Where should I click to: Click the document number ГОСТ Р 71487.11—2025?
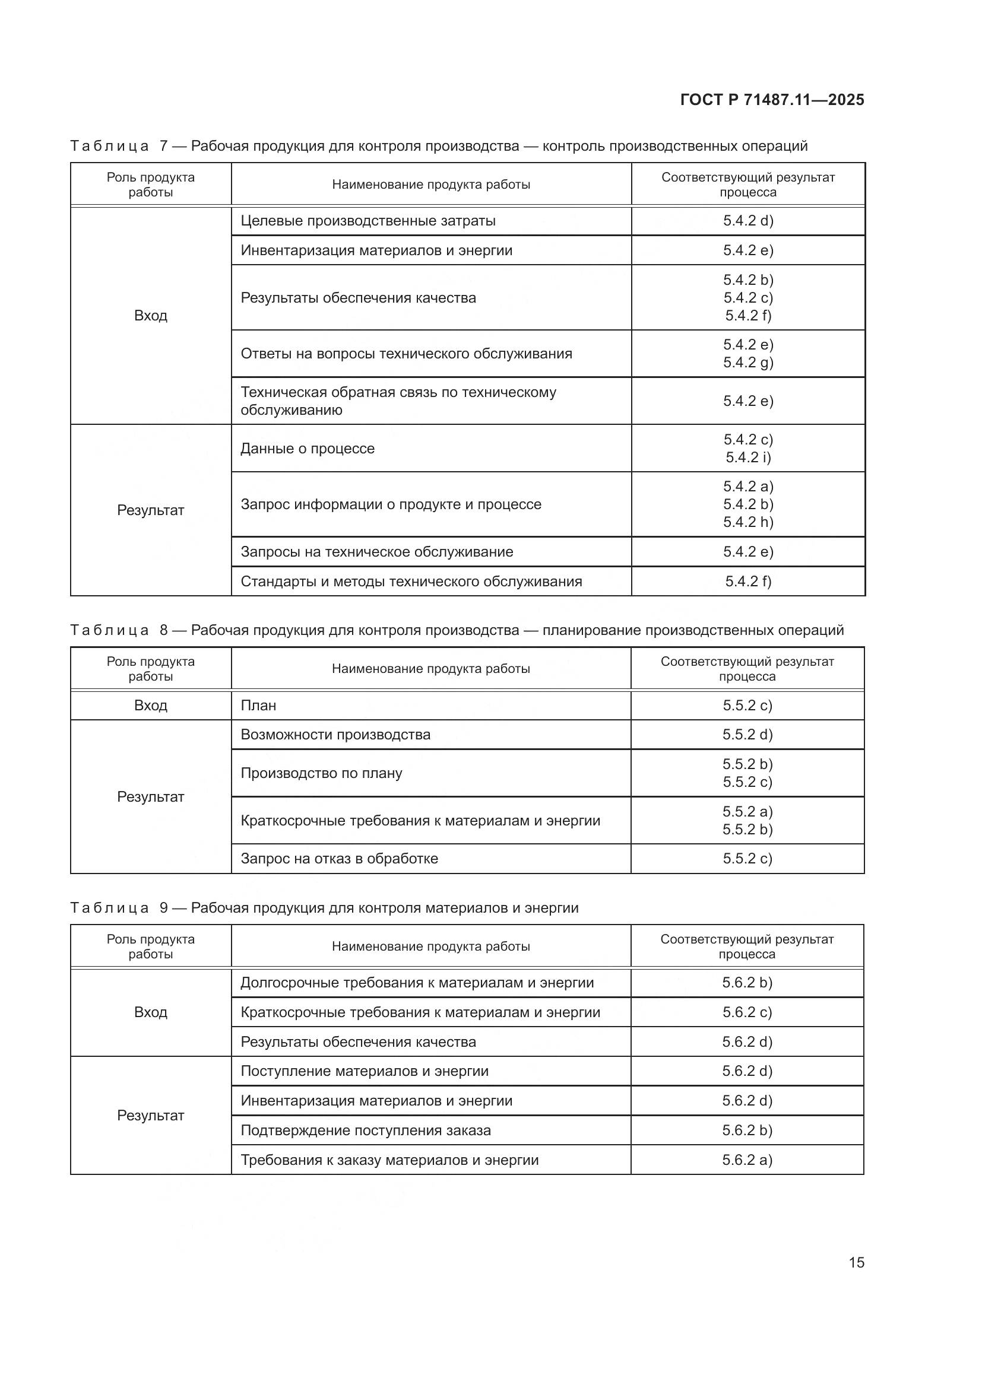click(772, 100)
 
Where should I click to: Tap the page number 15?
click(856, 1262)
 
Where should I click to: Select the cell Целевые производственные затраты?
click(368, 221)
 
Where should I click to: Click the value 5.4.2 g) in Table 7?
click(748, 362)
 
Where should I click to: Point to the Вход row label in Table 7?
click(151, 316)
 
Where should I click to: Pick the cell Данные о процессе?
click(307, 449)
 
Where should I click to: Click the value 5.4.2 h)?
click(748, 522)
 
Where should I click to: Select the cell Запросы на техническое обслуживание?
click(377, 552)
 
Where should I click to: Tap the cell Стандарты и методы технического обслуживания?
click(411, 582)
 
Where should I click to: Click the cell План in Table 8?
click(258, 706)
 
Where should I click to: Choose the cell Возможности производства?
click(335, 735)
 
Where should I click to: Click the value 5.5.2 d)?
click(747, 735)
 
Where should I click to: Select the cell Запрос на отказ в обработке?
click(339, 859)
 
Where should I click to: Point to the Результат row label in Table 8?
click(151, 797)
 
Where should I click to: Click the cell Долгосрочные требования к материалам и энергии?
click(417, 982)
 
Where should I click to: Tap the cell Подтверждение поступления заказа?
click(366, 1130)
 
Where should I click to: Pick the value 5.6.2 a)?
click(747, 1160)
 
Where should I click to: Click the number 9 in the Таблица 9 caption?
click(164, 907)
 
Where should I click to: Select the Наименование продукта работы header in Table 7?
click(430, 185)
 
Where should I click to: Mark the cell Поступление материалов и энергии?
click(365, 1071)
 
